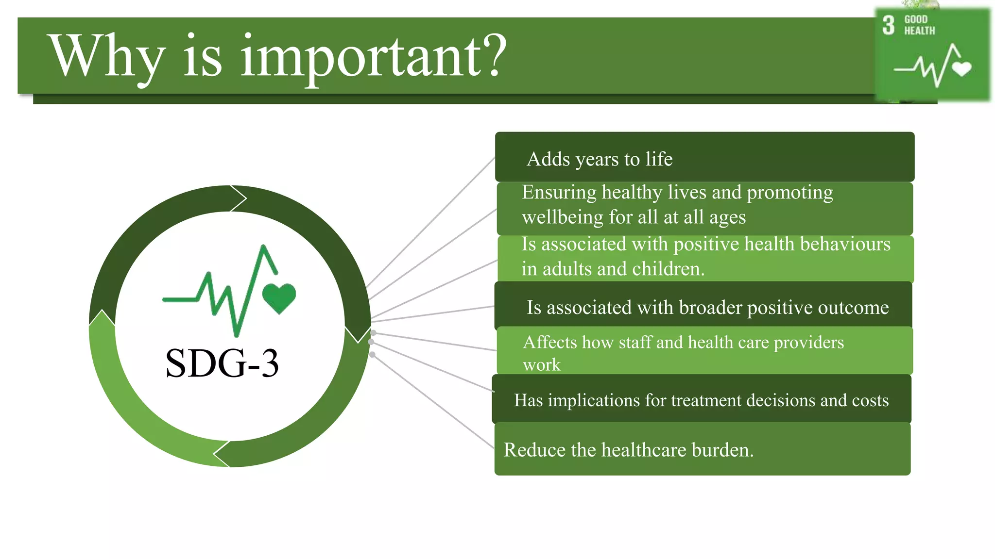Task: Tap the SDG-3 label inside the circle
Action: pyautogui.click(x=222, y=363)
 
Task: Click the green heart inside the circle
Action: pyautogui.click(x=279, y=297)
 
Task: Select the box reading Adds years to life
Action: pyautogui.click(x=704, y=157)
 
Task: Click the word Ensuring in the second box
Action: pyautogui.click(x=559, y=193)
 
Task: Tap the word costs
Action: pyautogui.click(x=870, y=400)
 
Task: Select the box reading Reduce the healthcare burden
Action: pyautogui.click(x=702, y=449)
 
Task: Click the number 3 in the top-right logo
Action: pyautogui.click(x=888, y=25)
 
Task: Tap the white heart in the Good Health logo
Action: pyautogui.click(x=961, y=68)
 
